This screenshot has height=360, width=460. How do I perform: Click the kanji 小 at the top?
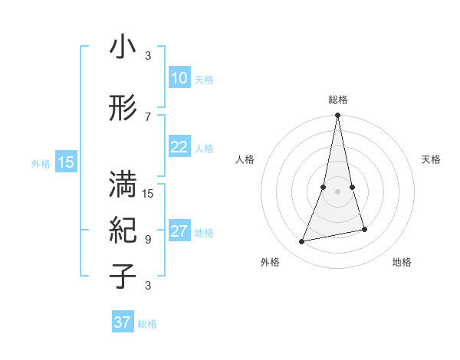tap(123, 48)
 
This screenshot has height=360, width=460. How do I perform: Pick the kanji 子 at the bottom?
tap(123, 277)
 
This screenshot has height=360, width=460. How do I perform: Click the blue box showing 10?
tap(179, 79)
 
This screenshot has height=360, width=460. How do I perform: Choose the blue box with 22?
tap(179, 147)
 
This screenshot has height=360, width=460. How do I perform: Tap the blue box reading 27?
tap(179, 232)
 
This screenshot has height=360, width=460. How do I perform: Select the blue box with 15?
tap(66, 162)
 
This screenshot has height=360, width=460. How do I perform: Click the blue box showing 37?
tap(123, 322)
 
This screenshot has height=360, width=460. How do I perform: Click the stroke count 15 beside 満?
tap(149, 193)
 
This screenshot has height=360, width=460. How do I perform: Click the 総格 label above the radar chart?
tap(337, 100)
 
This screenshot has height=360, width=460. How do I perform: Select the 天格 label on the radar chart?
tap(432, 159)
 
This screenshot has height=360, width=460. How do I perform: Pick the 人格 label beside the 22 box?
tap(204, 148)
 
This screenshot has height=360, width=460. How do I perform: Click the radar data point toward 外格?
tap(302, 241)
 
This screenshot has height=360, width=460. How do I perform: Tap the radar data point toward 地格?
tap(364, 229)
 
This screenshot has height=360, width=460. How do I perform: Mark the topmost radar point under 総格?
tap(337, 116)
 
